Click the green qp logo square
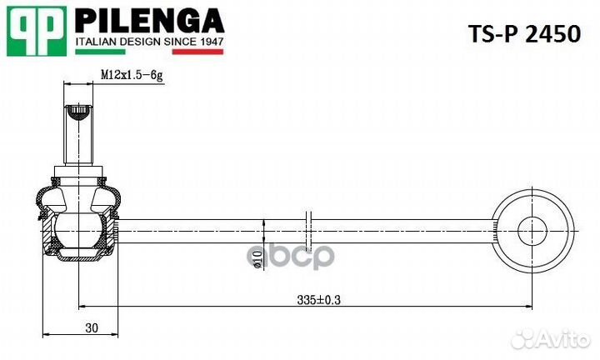pos(37,30)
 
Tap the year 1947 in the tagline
pos(208,40)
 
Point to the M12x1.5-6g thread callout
pos(131,74)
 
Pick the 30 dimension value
pos(92,327)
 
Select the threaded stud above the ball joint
pos(78,137)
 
